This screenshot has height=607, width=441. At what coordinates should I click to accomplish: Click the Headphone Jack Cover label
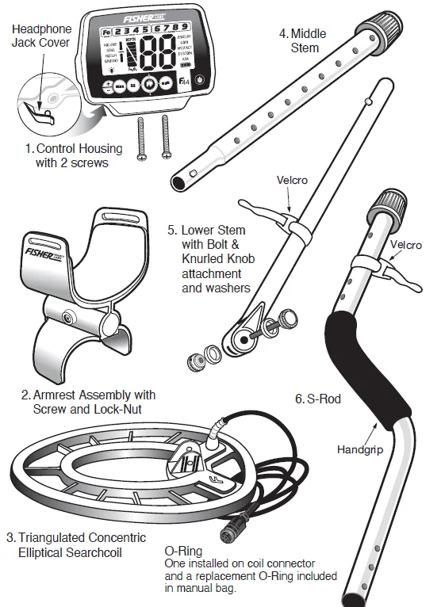[x=41, y=34]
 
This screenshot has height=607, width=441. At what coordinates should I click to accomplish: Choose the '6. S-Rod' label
[x=317, y=399]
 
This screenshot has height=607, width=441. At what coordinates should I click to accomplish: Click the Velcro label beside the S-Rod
[x=406, y=245]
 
